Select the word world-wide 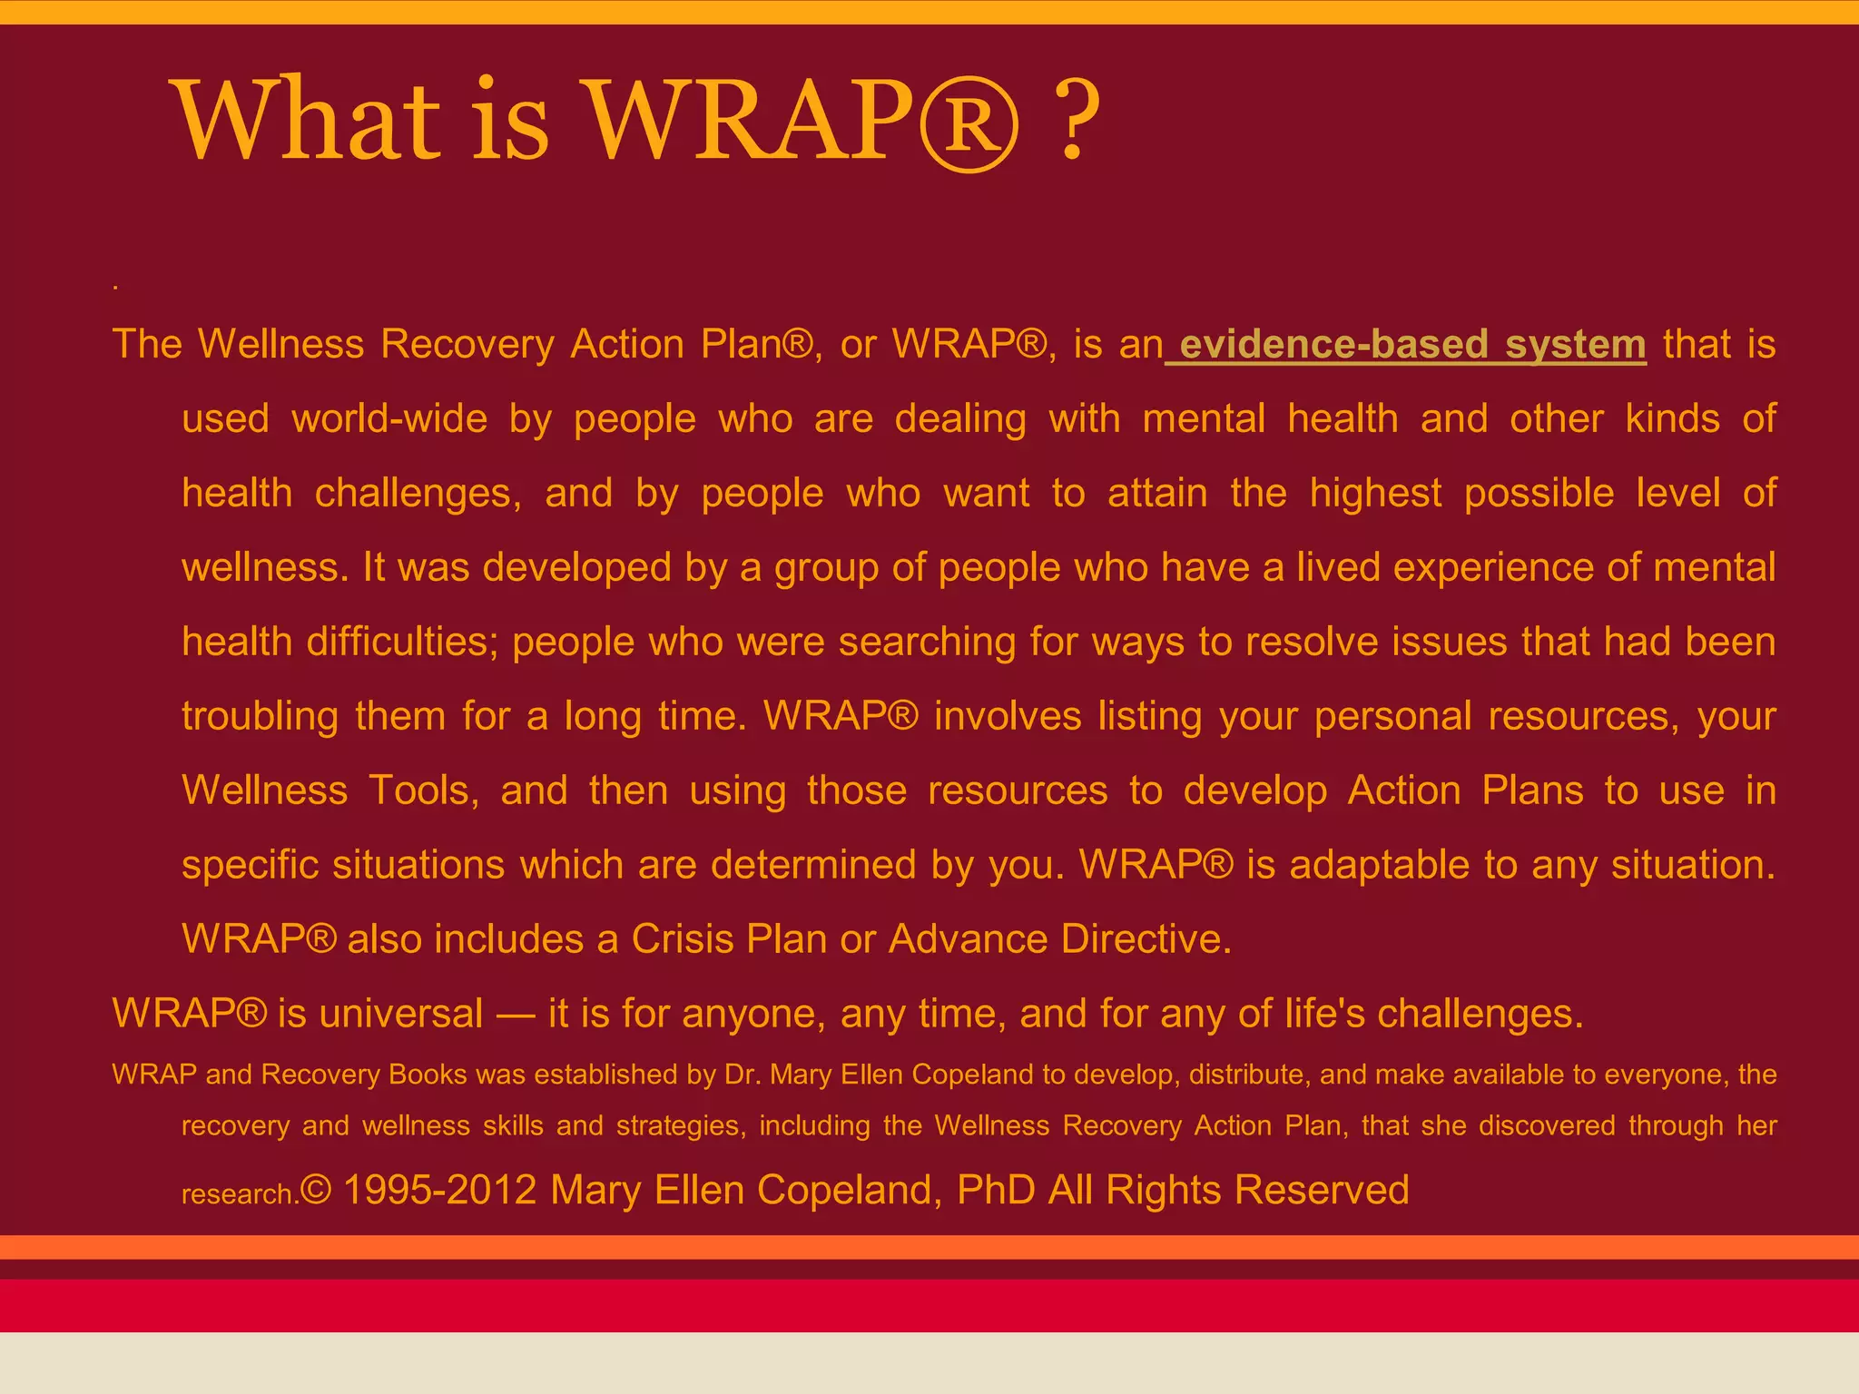[x=389, y=419]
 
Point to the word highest [x=1375, y=494]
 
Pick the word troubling [x=261, y=717]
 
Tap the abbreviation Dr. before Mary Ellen [x=743, y=1075]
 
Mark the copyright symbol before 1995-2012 [x=316, y=1190]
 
